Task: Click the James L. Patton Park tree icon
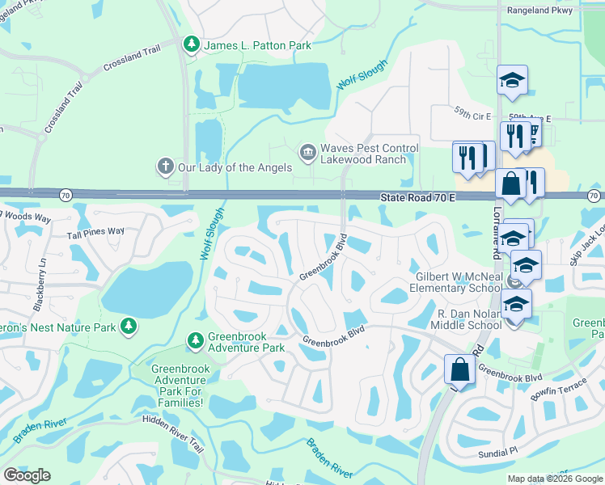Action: [192, 45]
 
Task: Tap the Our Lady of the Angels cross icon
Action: [165, 167]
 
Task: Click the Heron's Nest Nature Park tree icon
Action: [127, 326]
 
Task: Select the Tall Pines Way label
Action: [95, 231]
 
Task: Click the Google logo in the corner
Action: [27, 475]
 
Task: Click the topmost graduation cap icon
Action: [512, 80]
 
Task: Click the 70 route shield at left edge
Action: [65, 195]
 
